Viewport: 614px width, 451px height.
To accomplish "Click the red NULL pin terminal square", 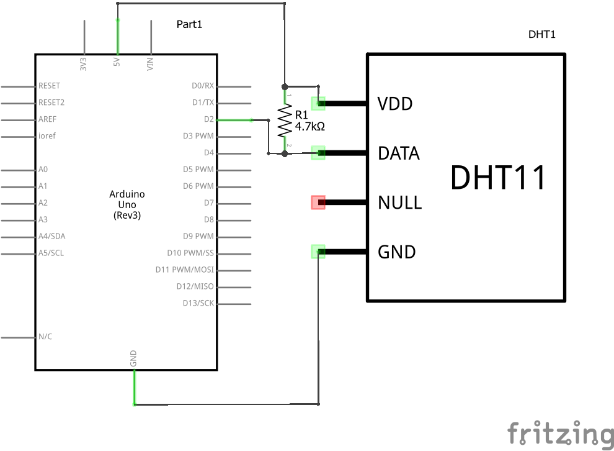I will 318,203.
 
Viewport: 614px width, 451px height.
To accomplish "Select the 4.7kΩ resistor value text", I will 309,126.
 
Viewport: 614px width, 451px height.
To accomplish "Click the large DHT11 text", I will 498,178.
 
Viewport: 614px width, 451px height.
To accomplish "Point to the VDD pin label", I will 395,104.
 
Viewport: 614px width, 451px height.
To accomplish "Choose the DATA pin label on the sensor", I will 399,153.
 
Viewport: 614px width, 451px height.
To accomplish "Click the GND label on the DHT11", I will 397,252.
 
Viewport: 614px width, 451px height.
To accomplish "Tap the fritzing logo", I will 560,433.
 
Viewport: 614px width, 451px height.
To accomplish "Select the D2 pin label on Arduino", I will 208,119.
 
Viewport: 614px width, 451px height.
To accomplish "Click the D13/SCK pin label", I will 198,303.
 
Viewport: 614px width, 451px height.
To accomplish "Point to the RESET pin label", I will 49,86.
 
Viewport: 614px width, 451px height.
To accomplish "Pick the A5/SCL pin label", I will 51,253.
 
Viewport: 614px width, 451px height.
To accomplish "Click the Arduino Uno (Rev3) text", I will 127,204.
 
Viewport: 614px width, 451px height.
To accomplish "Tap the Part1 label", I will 189,24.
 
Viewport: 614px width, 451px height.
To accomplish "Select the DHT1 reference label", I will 541,35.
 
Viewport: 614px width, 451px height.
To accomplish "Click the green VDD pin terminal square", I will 318,103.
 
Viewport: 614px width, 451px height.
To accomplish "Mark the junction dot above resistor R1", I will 285,86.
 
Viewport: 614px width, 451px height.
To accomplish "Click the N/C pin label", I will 45,337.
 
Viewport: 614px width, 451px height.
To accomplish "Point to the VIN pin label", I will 149,63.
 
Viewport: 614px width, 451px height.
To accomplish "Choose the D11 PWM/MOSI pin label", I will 184,270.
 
